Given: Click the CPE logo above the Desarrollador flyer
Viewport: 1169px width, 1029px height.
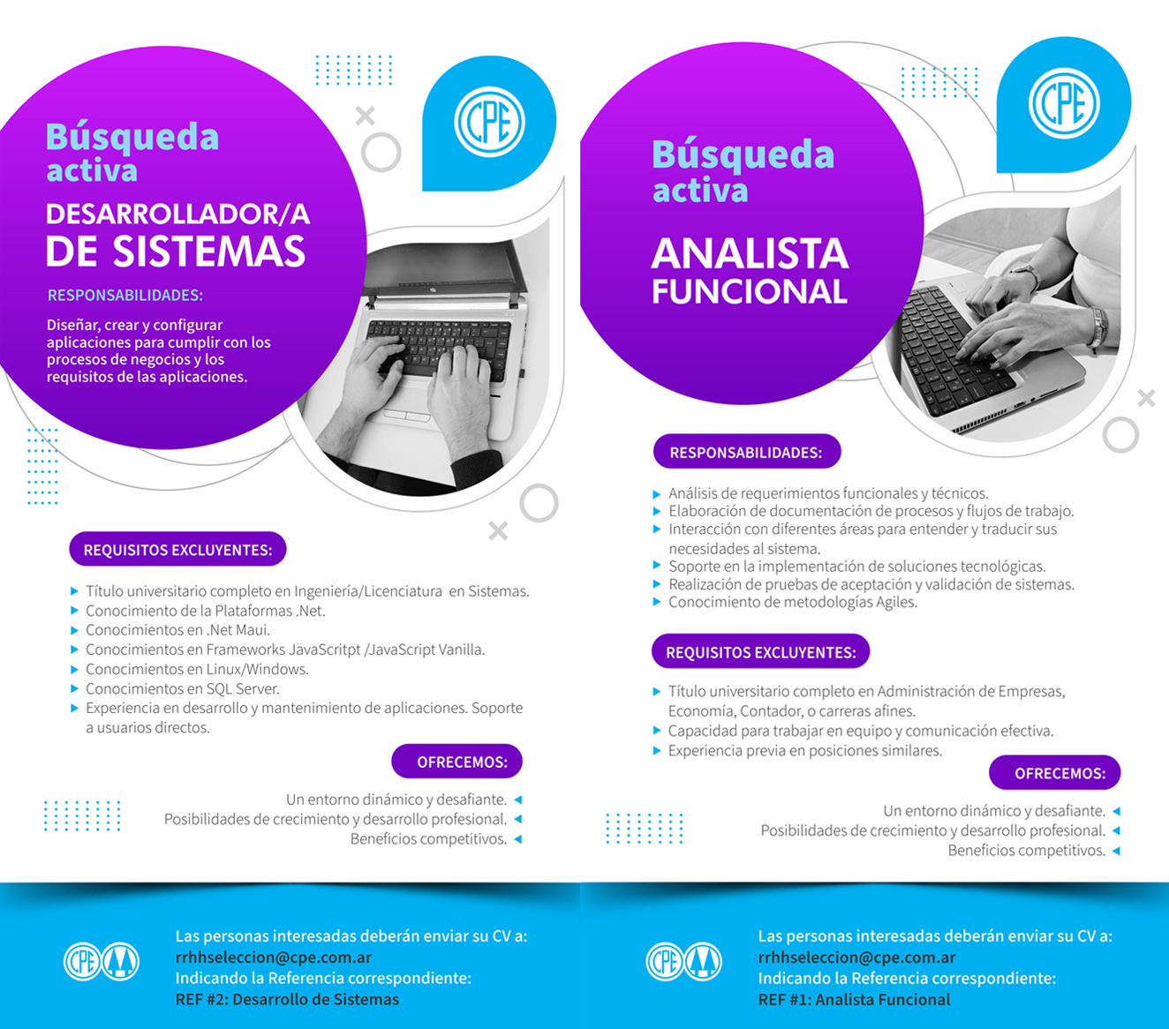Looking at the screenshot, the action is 489,123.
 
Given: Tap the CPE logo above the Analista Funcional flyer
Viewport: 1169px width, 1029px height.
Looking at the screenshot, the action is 1064,104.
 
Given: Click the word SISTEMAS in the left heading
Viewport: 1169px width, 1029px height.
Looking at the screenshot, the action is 209,252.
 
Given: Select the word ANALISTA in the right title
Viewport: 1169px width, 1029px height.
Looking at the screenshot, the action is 750,254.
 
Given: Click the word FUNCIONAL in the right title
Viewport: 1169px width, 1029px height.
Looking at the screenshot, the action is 750,292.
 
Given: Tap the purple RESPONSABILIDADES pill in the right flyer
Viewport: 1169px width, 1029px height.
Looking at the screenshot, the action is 747,452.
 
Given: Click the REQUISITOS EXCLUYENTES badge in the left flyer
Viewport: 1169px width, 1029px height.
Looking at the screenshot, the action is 177,549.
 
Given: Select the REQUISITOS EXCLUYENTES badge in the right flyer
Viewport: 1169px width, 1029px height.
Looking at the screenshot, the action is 760,652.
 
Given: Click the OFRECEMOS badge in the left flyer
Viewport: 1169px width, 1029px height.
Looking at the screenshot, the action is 457,762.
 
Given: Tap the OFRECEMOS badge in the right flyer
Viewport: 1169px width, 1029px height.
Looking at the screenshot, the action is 1055,773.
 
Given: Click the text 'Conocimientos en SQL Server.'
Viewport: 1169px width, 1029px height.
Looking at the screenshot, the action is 183,688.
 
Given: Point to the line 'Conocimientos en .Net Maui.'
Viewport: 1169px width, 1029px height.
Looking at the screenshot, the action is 177,630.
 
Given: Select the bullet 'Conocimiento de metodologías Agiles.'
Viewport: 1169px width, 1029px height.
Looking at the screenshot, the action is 793,602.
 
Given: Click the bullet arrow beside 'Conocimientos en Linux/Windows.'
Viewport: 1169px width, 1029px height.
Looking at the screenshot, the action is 74,669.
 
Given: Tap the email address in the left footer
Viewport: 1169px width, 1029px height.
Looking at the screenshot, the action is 274,958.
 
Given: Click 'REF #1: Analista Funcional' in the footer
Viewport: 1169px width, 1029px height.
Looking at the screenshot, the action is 854,1000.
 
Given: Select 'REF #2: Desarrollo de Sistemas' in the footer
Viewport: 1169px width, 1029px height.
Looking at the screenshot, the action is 287,1000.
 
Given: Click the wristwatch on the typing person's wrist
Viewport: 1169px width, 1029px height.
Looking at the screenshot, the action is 1027,274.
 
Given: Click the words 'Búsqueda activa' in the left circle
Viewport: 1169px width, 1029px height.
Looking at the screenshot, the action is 132,152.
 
